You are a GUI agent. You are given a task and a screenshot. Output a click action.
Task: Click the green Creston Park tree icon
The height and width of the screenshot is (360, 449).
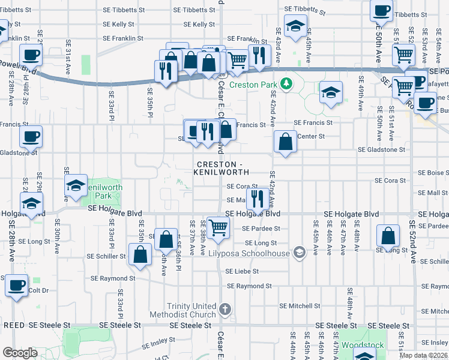286,83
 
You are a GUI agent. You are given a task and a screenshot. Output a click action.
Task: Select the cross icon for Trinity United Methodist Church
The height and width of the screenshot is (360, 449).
224,310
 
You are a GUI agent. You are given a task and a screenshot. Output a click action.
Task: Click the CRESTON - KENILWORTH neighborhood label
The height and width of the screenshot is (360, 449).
221,168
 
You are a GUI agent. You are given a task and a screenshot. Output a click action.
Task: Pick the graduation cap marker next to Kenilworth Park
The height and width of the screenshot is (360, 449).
76,185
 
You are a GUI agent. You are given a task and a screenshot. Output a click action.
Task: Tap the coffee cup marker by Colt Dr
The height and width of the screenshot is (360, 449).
16,285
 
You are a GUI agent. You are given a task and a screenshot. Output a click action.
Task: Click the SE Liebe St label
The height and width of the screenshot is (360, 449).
242,271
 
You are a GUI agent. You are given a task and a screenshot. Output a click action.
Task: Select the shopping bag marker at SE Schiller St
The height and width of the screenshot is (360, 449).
140,253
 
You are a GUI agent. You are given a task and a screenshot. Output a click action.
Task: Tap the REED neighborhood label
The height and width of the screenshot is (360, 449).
14,325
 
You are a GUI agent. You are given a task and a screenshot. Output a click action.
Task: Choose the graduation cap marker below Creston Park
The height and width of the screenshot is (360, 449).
331,93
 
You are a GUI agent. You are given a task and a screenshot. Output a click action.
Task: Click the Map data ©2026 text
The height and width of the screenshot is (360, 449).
423,355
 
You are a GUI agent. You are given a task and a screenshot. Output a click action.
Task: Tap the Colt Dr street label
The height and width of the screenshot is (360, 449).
38,291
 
